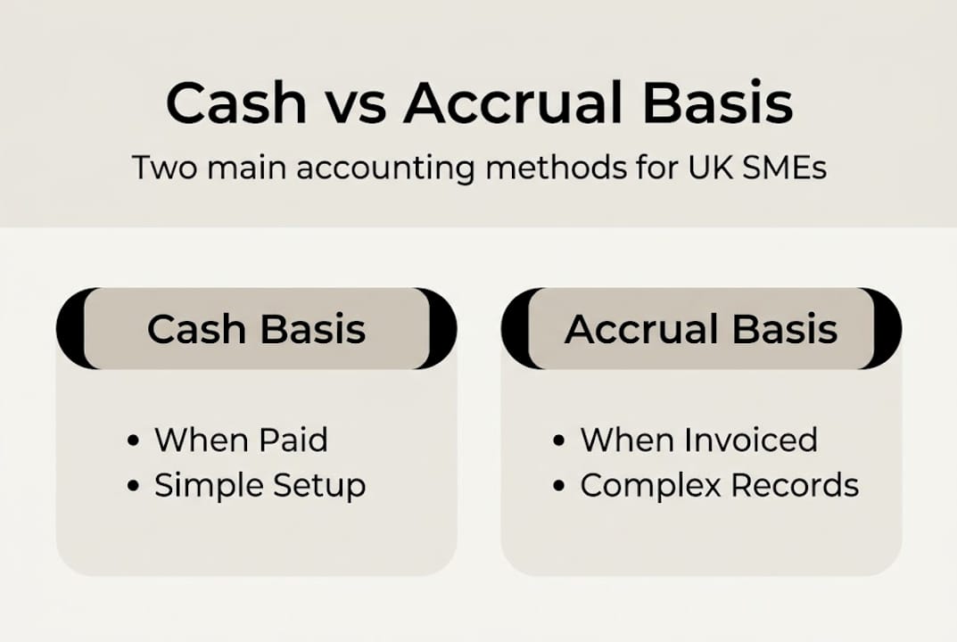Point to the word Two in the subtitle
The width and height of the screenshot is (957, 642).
(x=161, y=168)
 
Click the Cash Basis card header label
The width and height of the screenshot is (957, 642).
(x=256, y=329)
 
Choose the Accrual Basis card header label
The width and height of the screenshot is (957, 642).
(x=701, y=329)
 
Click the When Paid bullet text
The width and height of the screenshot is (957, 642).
(x=241, y=440)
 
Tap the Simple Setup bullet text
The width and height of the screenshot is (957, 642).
(x=260, y=486)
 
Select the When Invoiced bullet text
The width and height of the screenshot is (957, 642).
(x=698, y=440)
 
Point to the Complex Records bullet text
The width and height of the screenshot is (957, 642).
(x=719, y=486)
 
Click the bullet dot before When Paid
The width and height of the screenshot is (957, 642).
(x=134, y=440)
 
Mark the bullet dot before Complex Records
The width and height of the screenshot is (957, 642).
(x=559, y=487)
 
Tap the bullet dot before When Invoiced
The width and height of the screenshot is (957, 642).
(x=559, y=440)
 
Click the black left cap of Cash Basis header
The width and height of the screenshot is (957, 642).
(x=69, y=328)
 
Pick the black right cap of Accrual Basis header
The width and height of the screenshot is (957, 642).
(x=888, y=328)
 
